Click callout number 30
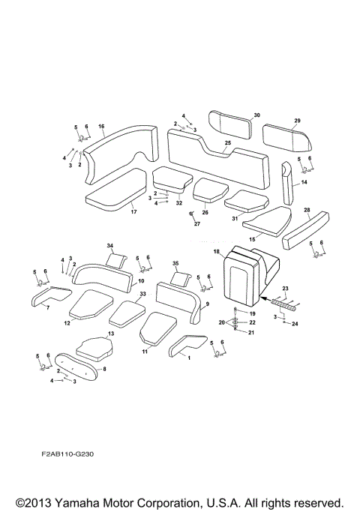coord(256,115)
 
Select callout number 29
coord(297,120)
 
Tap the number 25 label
coord(227,143)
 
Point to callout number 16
coord(101,127)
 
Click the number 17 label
coord(133,212)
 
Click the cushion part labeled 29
coord(286,137)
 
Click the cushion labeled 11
coord(158,328)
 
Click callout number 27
coord(198,224)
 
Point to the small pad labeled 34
coord(116,259)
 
